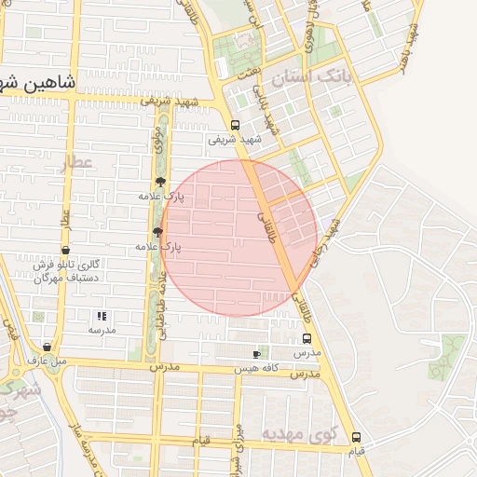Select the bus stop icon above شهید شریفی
coord(235,126)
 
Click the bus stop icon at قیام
coord(356,438)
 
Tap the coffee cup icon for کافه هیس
coord(257,354)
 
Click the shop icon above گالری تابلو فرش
coord(64,250)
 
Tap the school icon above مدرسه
coord(102,316)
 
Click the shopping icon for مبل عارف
coord(48,347)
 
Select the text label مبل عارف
coord(48,360)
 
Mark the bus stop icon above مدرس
coord(307,341)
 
